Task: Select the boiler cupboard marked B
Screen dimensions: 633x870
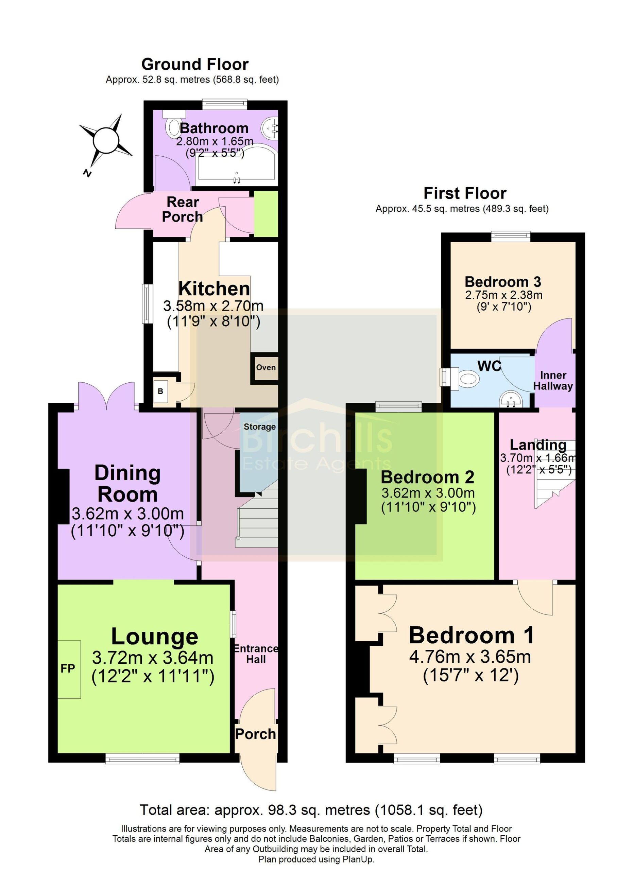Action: (161, 391)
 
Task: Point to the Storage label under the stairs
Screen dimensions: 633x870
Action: (260, 427)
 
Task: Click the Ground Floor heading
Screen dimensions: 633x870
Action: (195, 65)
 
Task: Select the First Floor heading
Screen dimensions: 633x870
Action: (465, 193)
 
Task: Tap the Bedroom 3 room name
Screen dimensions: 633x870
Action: (502, 282)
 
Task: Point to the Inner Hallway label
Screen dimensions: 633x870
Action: (553, 381)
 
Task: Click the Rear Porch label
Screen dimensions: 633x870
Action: (182, 209)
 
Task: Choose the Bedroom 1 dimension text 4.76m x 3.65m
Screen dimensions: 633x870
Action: (470, 657)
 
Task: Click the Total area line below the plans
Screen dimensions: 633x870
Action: (311, 810)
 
